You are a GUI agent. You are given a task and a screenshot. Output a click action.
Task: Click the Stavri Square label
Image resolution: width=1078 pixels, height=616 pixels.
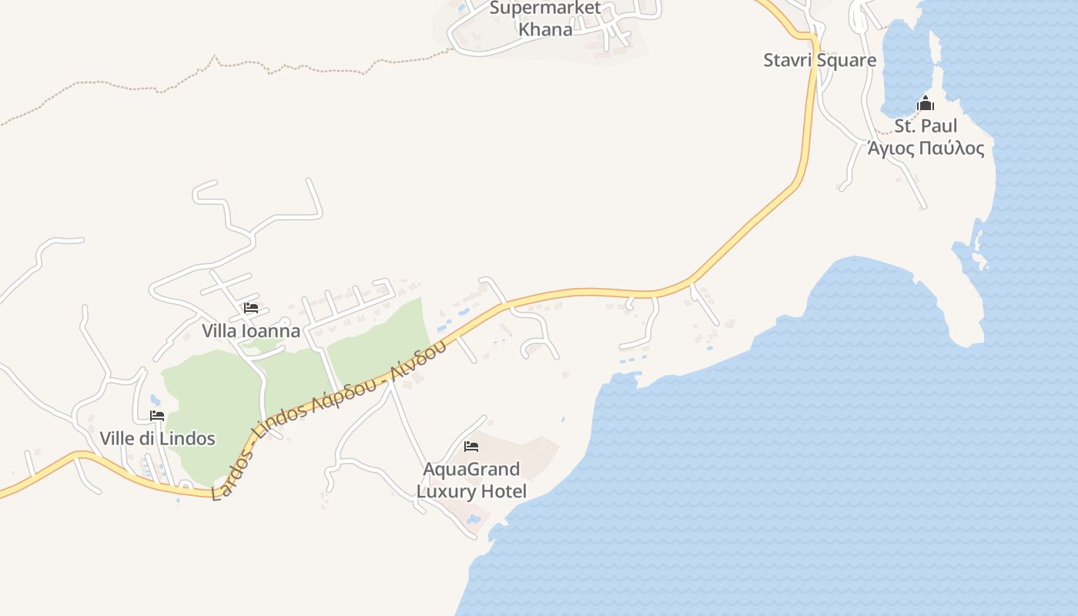click(x=819, y=60)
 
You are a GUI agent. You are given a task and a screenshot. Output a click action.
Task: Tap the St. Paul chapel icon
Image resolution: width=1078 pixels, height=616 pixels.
click(x=925, y=103)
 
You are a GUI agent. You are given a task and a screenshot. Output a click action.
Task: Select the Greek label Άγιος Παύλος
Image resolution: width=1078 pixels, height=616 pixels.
click(x=926, y=148)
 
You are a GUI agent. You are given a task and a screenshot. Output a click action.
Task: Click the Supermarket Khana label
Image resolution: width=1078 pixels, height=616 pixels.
click(x=545, y=19)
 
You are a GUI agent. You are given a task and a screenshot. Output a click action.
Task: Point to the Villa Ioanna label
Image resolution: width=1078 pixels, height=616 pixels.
click(x=251, y=331)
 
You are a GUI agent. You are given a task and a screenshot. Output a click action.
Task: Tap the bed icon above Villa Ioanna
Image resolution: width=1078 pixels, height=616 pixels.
click(x=250, y=308)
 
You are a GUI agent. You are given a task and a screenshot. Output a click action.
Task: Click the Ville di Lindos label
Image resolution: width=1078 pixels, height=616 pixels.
click(x=157, y=439)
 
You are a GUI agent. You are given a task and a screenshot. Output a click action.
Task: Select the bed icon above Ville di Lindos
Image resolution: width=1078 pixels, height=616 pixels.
click(x=157, y=416)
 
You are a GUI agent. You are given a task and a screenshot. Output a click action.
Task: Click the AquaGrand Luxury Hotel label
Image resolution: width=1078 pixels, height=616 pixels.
click(x=471, y=480)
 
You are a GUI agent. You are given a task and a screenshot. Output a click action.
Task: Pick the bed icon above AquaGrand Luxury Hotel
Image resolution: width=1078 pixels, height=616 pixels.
click(x=471, y=447)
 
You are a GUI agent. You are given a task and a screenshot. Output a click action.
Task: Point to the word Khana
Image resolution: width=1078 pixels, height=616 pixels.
click(x=545, y=30)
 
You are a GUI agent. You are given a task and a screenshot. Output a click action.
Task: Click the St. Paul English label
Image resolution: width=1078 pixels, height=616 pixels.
click(x=926, y=126)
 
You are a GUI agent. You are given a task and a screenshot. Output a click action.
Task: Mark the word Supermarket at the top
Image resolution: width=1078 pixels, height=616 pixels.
click(x=545, y=8)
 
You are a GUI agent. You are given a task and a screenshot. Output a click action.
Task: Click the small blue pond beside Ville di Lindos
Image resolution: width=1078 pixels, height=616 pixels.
click(x=156, y=400)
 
